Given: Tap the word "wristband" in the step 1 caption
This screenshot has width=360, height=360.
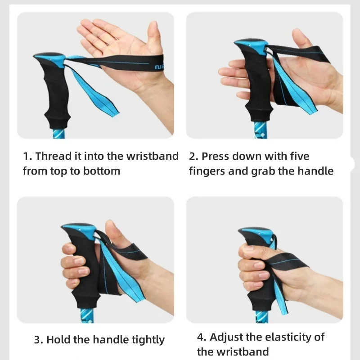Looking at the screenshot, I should tap(152, 157).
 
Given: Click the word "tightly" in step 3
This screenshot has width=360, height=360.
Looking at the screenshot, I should tap(148, 340).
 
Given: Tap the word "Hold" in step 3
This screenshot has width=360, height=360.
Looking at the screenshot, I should tap(58, 340).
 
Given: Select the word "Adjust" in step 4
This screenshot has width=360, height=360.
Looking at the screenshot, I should tap(226, 337).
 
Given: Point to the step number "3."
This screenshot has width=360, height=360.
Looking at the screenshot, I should tap(39, 340).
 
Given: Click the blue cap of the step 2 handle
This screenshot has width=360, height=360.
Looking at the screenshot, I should tap(250, 45).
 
